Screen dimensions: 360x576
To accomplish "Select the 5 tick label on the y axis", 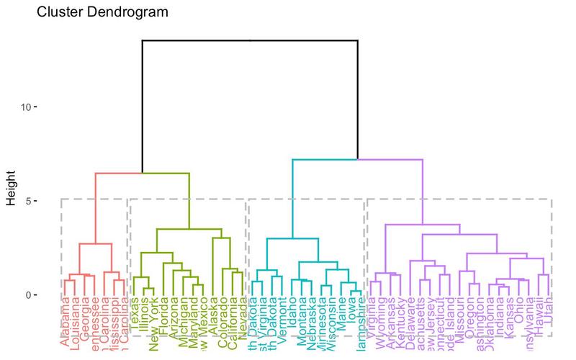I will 26,201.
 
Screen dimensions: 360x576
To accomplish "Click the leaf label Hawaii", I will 539,316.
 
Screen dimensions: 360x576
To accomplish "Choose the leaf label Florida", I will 164,317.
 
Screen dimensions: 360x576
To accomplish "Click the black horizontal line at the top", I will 250,41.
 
